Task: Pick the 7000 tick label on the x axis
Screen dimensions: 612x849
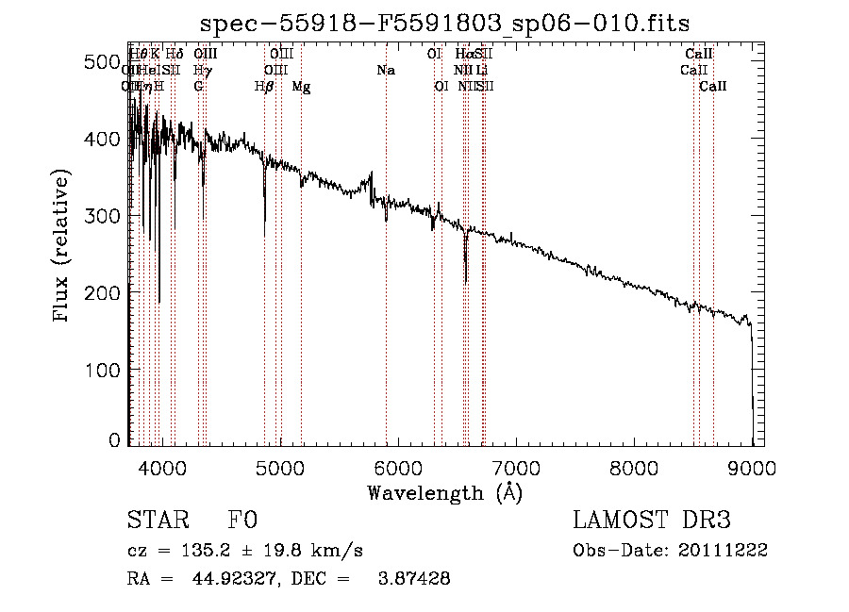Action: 516,467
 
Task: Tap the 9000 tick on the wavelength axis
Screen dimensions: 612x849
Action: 752,467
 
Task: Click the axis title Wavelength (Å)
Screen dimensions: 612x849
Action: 444,492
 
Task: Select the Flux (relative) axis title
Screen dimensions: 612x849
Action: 62,247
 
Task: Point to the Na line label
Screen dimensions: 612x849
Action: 385,71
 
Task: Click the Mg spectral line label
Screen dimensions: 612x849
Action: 301,87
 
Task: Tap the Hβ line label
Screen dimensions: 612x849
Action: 264,87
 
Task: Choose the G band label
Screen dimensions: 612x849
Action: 198,87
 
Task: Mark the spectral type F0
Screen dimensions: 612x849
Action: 242,521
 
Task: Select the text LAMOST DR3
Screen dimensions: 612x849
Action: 652,521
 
